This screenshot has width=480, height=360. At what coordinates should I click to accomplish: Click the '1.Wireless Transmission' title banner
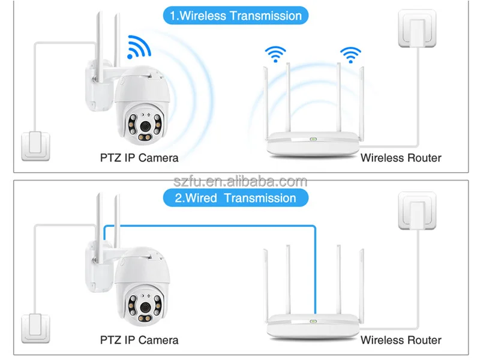pos(235,16)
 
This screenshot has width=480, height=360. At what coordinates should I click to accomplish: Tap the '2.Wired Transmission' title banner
pos(235,198)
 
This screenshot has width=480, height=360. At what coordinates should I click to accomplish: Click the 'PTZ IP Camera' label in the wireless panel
pos(139,158)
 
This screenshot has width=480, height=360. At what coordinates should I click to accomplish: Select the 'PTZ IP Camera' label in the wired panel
pos(139,340)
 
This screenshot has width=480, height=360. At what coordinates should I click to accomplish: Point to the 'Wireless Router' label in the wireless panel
pos(400,158)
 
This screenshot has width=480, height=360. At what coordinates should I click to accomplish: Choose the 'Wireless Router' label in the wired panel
pos(400,340)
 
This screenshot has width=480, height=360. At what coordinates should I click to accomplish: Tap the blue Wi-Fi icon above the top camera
pos(139,46)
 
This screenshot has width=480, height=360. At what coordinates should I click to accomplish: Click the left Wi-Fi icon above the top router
pos(275,53)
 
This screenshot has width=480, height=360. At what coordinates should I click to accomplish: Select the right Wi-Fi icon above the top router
pos(350,53)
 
